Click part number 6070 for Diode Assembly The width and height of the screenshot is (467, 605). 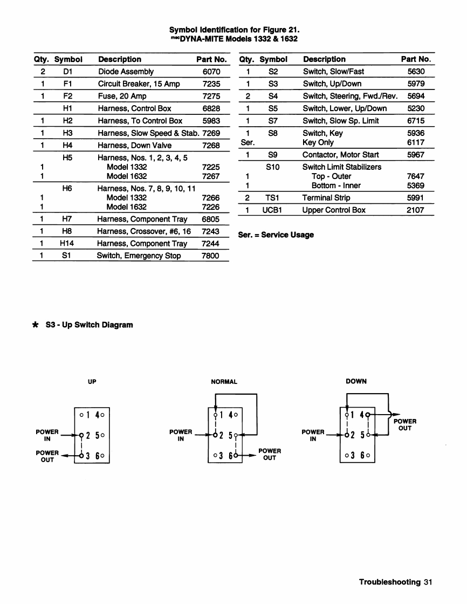[211, 71]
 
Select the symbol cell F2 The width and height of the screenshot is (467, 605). [67, 96]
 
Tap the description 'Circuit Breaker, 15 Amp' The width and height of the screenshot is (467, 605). [139, 84]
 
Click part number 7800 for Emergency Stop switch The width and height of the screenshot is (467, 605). [210, 256]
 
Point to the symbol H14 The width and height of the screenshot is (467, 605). [67, 243]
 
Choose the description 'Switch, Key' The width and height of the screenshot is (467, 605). [322, 133]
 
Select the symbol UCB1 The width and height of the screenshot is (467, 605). [272, 210]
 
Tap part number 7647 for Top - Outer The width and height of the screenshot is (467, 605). [416, 176]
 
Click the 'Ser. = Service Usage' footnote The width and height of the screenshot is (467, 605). [276, 235]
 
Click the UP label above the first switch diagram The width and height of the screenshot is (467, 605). [92, 381]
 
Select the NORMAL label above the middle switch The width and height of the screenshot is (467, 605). [224, 381]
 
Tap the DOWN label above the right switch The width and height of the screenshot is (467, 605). [356, 381]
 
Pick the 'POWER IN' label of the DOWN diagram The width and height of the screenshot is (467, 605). [313, 435]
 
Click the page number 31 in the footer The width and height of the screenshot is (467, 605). [428, 582]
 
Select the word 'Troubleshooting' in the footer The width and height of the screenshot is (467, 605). [389, 582]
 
